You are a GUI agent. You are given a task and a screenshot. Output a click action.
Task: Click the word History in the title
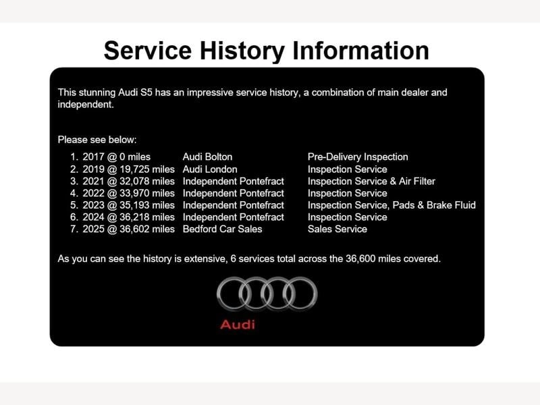[x=242, y=51]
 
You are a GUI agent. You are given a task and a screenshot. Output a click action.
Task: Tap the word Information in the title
[x=360, y=50]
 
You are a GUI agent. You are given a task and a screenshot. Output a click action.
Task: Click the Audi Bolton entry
[x=207, y=157]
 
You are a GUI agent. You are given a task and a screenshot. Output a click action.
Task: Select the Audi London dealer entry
[x=210, y=169]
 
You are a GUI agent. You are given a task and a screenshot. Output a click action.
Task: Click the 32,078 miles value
[x=147, y=181]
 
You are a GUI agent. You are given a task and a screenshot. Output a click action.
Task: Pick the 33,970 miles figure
[x=147, y=193]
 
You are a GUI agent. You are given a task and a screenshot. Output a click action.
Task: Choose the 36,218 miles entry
[x=147, y=217]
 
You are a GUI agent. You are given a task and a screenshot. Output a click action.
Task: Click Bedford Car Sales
[x=222, y=229]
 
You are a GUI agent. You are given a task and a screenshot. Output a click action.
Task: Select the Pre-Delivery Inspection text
[x=358, y=157]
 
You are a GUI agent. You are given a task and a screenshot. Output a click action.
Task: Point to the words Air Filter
[x=416, y=181]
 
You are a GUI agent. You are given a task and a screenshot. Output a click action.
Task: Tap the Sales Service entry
[x=337, y=229]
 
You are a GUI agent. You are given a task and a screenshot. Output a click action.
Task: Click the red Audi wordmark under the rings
[x=238, y=325]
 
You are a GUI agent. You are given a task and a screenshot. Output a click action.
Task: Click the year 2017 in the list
[x=93, y=157]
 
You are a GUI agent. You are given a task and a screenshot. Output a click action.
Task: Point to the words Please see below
[x=97, y=140]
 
